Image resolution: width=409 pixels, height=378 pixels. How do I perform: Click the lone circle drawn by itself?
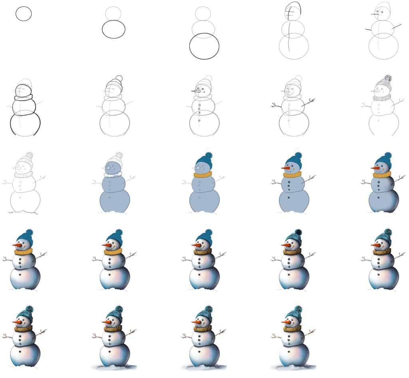tap(24, 14)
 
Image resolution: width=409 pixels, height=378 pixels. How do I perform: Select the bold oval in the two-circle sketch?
tap(113, 29)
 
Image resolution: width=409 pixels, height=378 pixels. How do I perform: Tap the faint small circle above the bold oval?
tap(113, 13)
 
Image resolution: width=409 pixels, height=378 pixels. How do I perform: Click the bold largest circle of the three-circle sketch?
tap(204, 46)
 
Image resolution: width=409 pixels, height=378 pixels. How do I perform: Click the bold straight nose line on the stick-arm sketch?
tap(375, 14)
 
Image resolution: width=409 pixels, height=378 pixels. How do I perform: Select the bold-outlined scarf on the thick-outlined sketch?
tap(24, 97)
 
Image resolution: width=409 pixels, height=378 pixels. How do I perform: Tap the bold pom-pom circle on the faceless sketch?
tap(118, 78)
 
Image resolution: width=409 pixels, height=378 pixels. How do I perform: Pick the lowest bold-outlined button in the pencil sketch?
tap(199, 120)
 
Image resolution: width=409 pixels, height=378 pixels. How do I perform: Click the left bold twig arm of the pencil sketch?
tap(274, 106)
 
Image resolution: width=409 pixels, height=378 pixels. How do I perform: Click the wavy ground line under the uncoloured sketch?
tap(24, 212)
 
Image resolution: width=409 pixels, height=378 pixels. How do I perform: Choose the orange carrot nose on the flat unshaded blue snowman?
tap(286, 168)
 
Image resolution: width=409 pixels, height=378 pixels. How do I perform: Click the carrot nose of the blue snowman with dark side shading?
tap(376, 168)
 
